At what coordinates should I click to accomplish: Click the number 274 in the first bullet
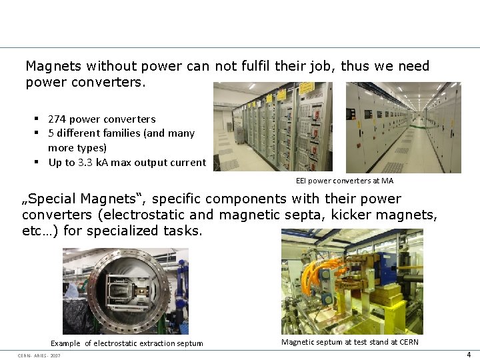pyautogui.click(x=57, y=119)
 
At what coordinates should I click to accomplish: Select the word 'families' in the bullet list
pyautogui.click(x=127, y=133)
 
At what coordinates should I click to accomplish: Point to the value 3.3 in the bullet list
pyautogui.click(x=85, y=163)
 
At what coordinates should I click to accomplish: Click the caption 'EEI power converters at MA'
pyautogui.click(x=345, y=181)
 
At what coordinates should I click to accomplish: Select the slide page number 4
pyautogui.click(x=469, y=355)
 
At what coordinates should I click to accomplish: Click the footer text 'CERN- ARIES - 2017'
pyautogui.click(x=39, y=355)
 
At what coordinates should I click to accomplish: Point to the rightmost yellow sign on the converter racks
pyautogui.click(x=306, y=87)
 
